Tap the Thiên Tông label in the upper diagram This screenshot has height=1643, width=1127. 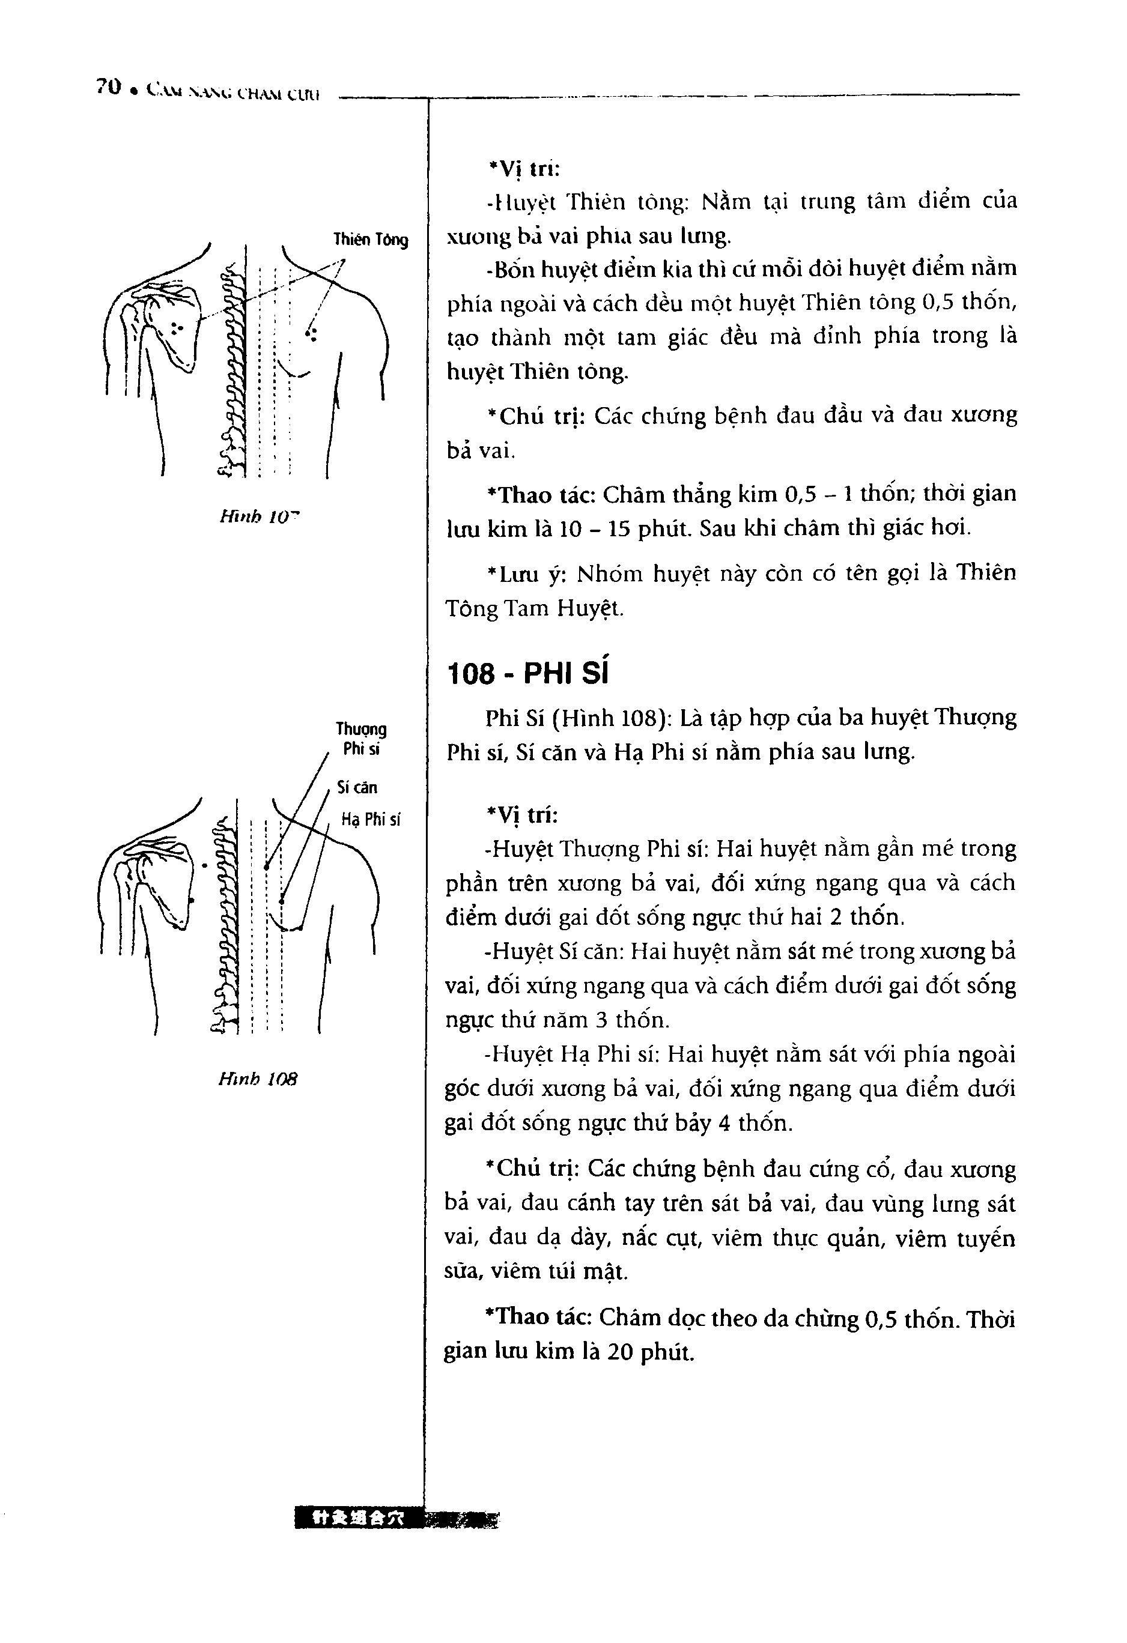pos(371,240)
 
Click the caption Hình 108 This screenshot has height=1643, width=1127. pos(258,1079)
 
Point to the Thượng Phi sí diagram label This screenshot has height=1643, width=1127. pos(361,739)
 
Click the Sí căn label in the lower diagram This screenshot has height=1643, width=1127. pos(358,787)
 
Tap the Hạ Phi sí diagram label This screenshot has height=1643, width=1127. pos(371,819)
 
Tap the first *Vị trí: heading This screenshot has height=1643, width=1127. pos(523,168)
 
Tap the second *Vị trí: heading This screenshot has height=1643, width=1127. pos(522,815)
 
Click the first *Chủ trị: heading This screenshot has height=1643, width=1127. pos(534,416)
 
